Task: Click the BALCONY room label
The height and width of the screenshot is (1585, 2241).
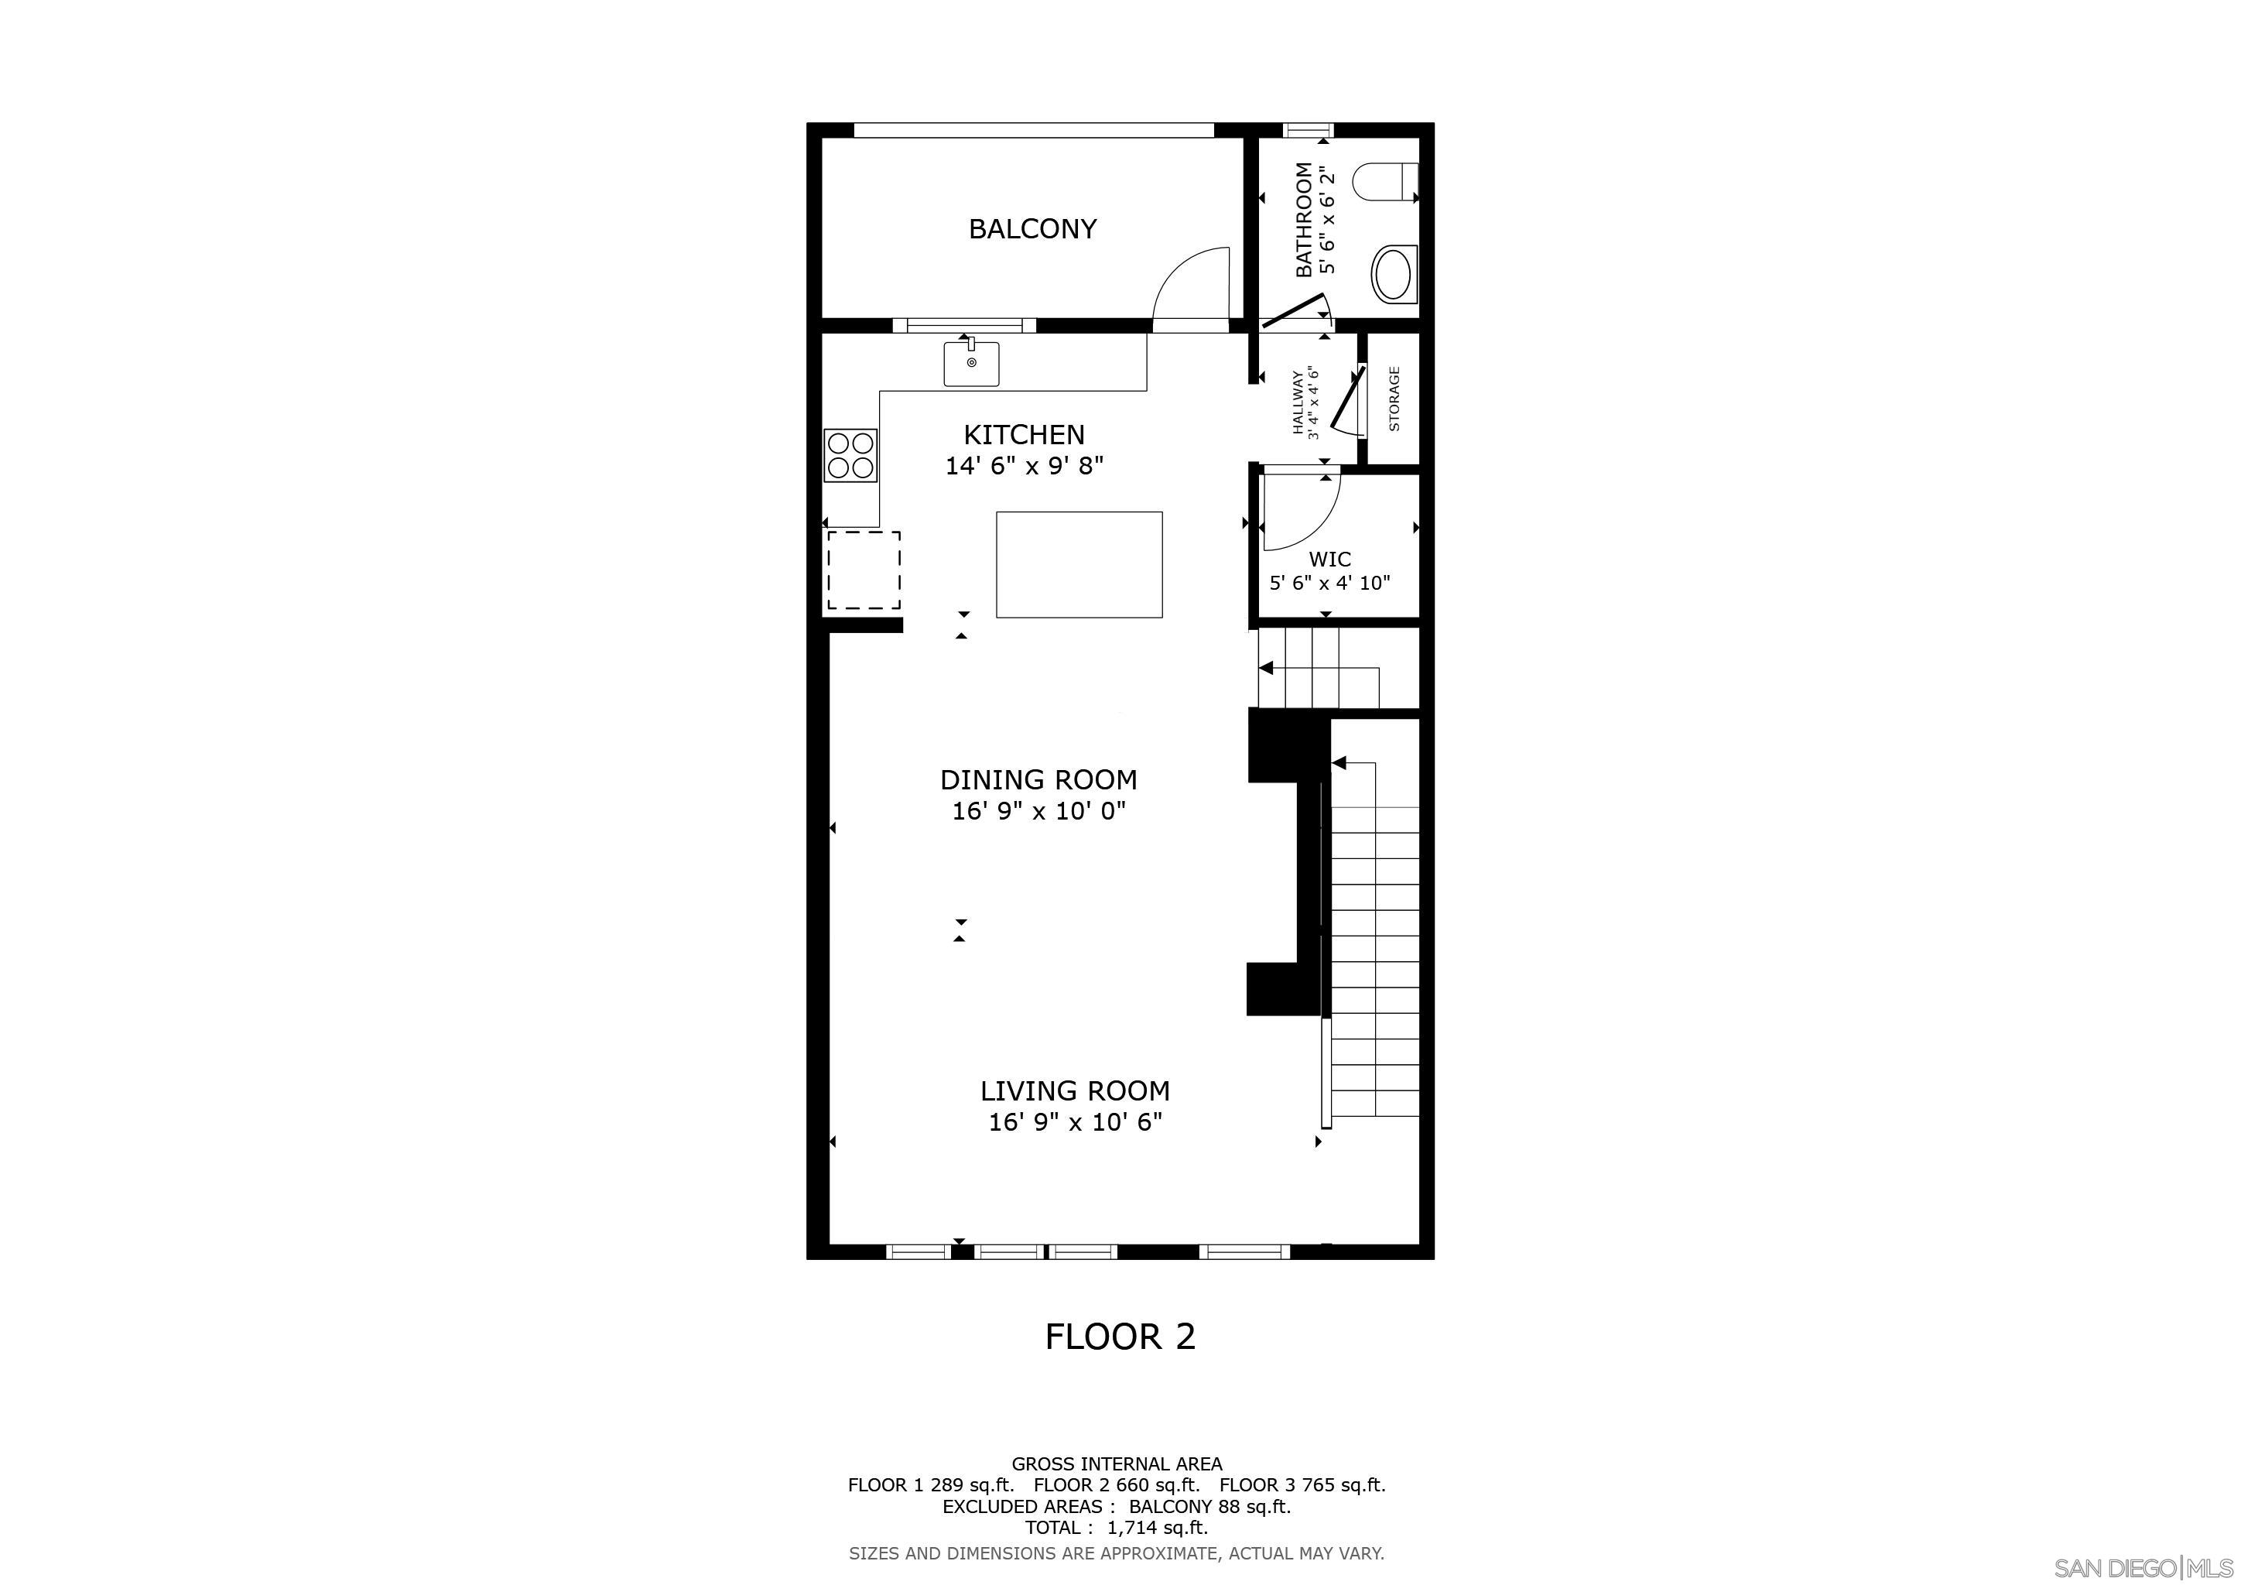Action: click(x=1032, y=228)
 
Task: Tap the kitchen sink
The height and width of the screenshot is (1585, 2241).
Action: click(x=971, y=363)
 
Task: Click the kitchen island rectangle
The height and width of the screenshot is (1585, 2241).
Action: click(x=1079, y=564)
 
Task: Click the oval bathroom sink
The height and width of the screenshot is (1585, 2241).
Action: click(x=1393, y=274)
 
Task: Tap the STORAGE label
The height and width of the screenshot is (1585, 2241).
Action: click(x=1394, y=399)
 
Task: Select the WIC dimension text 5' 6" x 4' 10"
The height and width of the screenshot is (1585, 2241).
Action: click(x=1329, y=584)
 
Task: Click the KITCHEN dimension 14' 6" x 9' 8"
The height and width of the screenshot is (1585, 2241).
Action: click(x=1024, y=467)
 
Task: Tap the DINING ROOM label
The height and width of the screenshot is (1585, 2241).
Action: click(x=1038, y=780)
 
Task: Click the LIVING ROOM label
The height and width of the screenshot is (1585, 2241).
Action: click(x=1075, y=1090)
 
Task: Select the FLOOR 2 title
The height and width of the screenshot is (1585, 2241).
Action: click(x=1120, y=1336)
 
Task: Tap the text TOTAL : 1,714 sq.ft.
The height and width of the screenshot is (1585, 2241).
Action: click(x=1116, y=1528)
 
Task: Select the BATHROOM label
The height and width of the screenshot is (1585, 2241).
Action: click(x=1304, y=220)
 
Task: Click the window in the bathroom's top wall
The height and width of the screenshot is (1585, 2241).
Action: click(x=1307, y=128)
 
